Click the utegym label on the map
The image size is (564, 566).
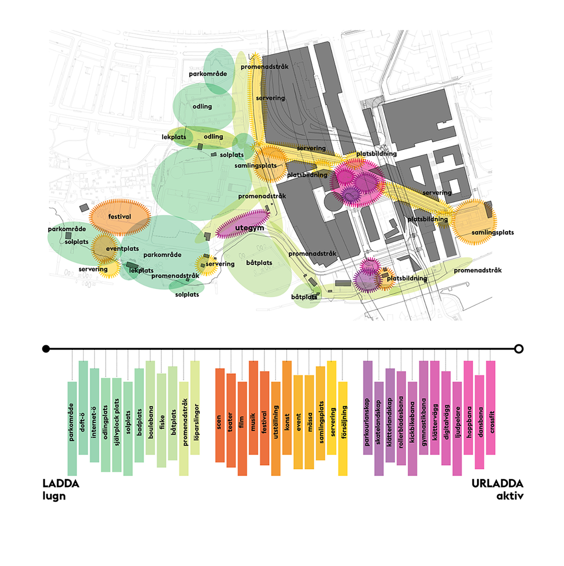pos(249,228)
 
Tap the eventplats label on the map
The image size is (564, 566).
pos(122,249)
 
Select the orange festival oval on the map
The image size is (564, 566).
pos(120,217)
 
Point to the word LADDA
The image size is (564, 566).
pos(61,483)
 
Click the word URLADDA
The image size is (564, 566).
pos(497,483)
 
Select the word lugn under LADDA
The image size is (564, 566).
pos(54,496)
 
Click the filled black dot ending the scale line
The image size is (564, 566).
pos(46,349)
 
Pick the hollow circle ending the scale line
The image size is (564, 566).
pos(519,349)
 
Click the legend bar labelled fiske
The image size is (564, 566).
pos(162,420)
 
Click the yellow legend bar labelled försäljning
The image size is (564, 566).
pos(343,428)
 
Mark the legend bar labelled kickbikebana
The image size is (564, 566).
pos(412,428)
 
